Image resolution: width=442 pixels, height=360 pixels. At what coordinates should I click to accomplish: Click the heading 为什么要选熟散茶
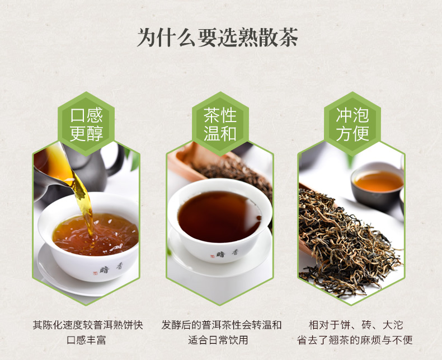(x=217, y=37)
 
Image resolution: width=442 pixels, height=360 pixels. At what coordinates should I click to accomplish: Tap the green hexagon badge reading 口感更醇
(x=86, y=124)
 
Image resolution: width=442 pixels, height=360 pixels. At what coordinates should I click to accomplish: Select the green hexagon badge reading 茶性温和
(x=220, y=124)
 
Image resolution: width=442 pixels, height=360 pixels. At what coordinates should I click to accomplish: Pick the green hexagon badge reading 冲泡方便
(x=352, y=124)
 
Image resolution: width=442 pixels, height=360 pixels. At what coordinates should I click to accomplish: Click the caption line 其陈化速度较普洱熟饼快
(x=88, y=325)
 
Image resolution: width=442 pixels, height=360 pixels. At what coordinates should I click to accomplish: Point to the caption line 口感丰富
(x=86, y=340)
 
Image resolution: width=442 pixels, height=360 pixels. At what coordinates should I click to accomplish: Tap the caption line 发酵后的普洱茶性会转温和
(x=222, y=325)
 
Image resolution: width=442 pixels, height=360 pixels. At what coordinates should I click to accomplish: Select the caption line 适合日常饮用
(x=218, y=340)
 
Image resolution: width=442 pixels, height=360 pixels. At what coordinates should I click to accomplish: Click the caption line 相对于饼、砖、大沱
(x=356, y=325)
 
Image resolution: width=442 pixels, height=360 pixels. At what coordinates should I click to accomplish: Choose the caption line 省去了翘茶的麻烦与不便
(x=355, y=340)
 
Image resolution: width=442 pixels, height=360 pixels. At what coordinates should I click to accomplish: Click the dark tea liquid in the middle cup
(x=219, y=216)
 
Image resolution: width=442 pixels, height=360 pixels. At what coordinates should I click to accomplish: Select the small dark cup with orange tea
(x=378, y=186)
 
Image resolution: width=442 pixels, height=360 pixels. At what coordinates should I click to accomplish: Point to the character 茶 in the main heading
(x=288, y=37)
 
